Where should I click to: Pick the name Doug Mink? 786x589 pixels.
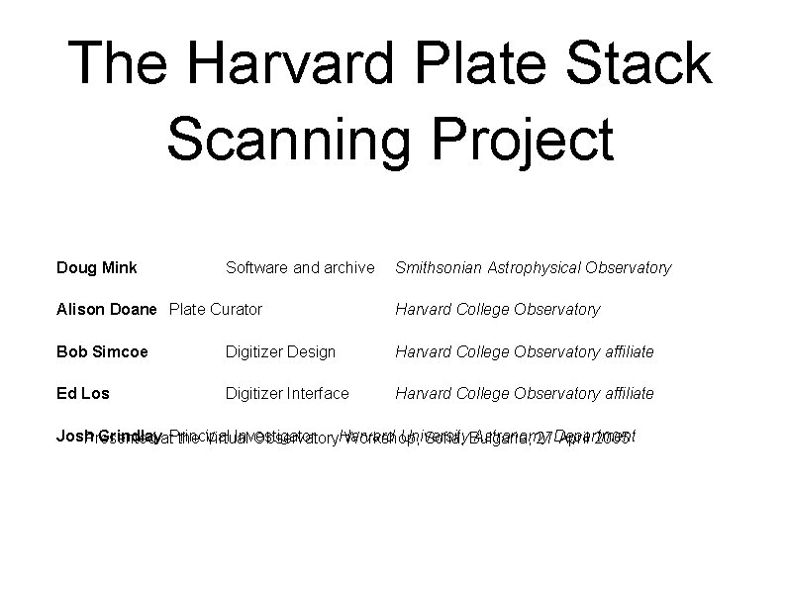coord(97,267)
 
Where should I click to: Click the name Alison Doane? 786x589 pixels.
coord(107,309)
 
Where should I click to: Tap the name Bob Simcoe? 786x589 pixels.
coord(103,351)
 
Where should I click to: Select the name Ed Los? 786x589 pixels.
coord(83,393)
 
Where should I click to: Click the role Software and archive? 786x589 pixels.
coord(300,267)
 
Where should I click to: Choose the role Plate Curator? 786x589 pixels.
coord(216,309)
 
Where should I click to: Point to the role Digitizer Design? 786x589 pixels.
coord(281,351)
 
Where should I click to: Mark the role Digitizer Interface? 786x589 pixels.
coord(288,393)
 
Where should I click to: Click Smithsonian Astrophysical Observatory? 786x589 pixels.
coord(533,267)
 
